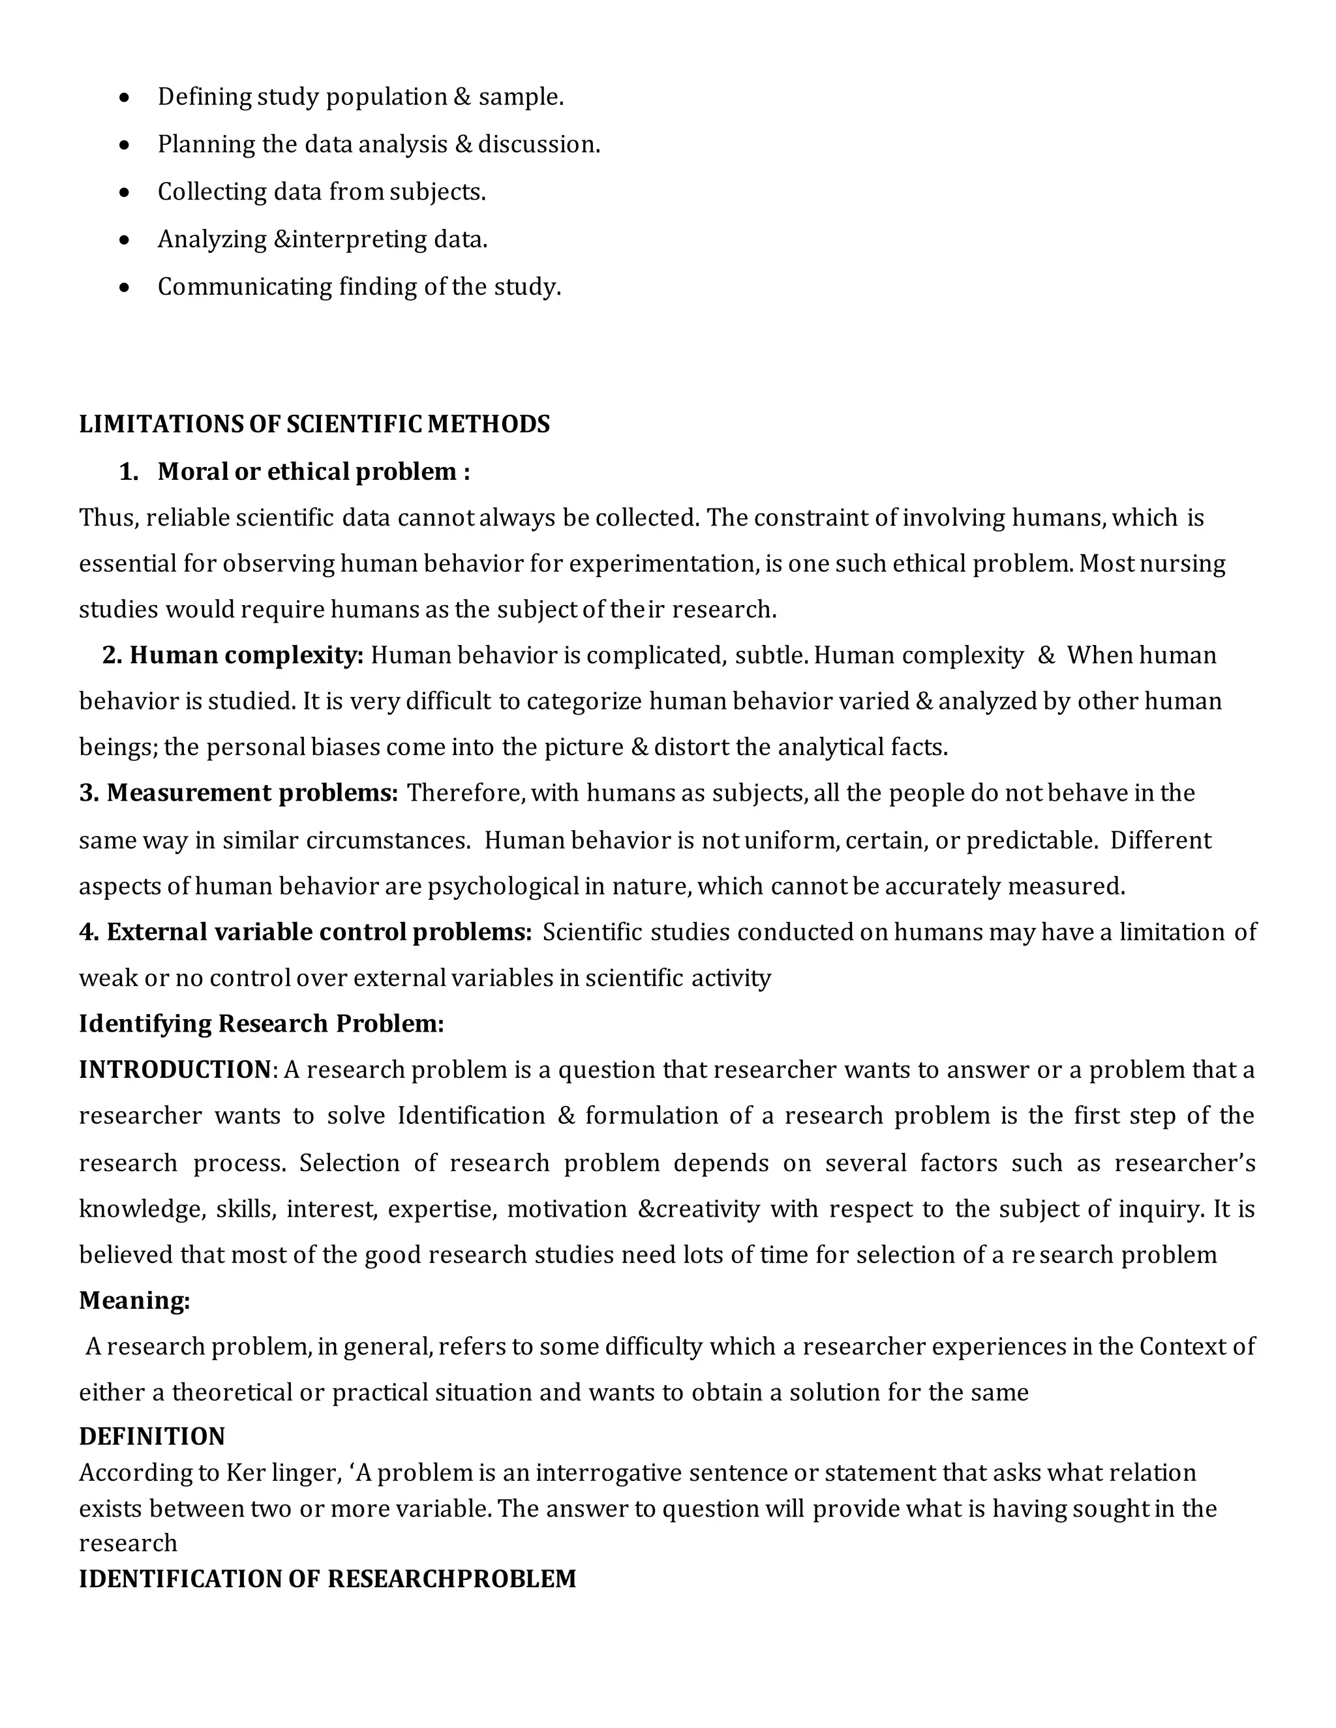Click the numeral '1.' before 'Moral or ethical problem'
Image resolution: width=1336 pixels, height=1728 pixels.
pyautogui.click(x=129, y=471)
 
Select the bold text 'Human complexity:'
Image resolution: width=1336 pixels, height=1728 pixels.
pyautogui.click(x=246, y=655)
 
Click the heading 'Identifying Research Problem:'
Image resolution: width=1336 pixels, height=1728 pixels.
pyautogui.click(x=261, y=1024)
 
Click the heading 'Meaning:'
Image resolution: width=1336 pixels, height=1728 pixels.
pyautogui.click(x=134, y=1301)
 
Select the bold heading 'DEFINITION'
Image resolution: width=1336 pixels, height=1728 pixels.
pyautogui.click(x=152, y=1437)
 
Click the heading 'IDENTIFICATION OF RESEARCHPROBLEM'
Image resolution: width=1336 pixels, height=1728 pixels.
pyautogui.click(x=327, y=1579)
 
